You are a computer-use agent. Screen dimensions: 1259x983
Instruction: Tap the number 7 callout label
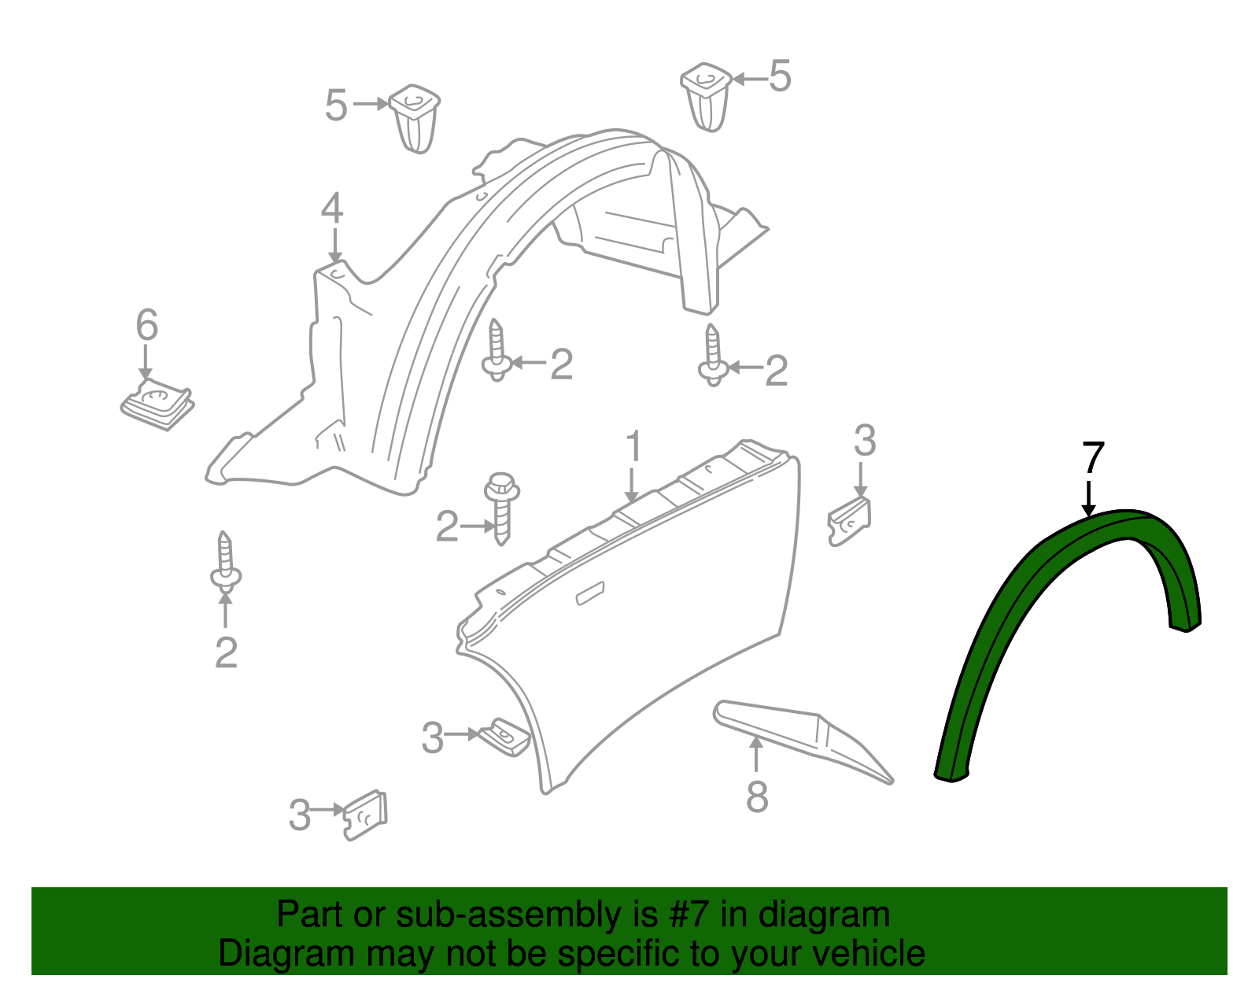[x=1093, y=459]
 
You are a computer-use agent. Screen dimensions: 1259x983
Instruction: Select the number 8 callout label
[x=757, y=796]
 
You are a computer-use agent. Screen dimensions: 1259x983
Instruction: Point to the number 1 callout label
[x=633, y=445]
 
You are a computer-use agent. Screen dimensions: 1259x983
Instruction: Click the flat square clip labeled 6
[x=157, y=404]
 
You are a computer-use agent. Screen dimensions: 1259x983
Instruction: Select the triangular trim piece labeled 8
[x=803, y=741]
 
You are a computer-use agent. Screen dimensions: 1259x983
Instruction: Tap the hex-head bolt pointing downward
[x=502, y=508]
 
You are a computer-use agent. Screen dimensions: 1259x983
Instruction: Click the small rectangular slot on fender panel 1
[x=590, y=593]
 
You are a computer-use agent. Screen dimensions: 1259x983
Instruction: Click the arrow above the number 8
[x=756, y=754]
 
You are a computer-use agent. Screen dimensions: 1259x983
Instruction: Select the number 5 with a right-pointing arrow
[x=336, y=105]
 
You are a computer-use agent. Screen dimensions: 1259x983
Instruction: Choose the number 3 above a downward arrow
[x=865, y=440]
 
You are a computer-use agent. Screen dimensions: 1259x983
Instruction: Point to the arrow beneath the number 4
[x=335, y=247]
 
